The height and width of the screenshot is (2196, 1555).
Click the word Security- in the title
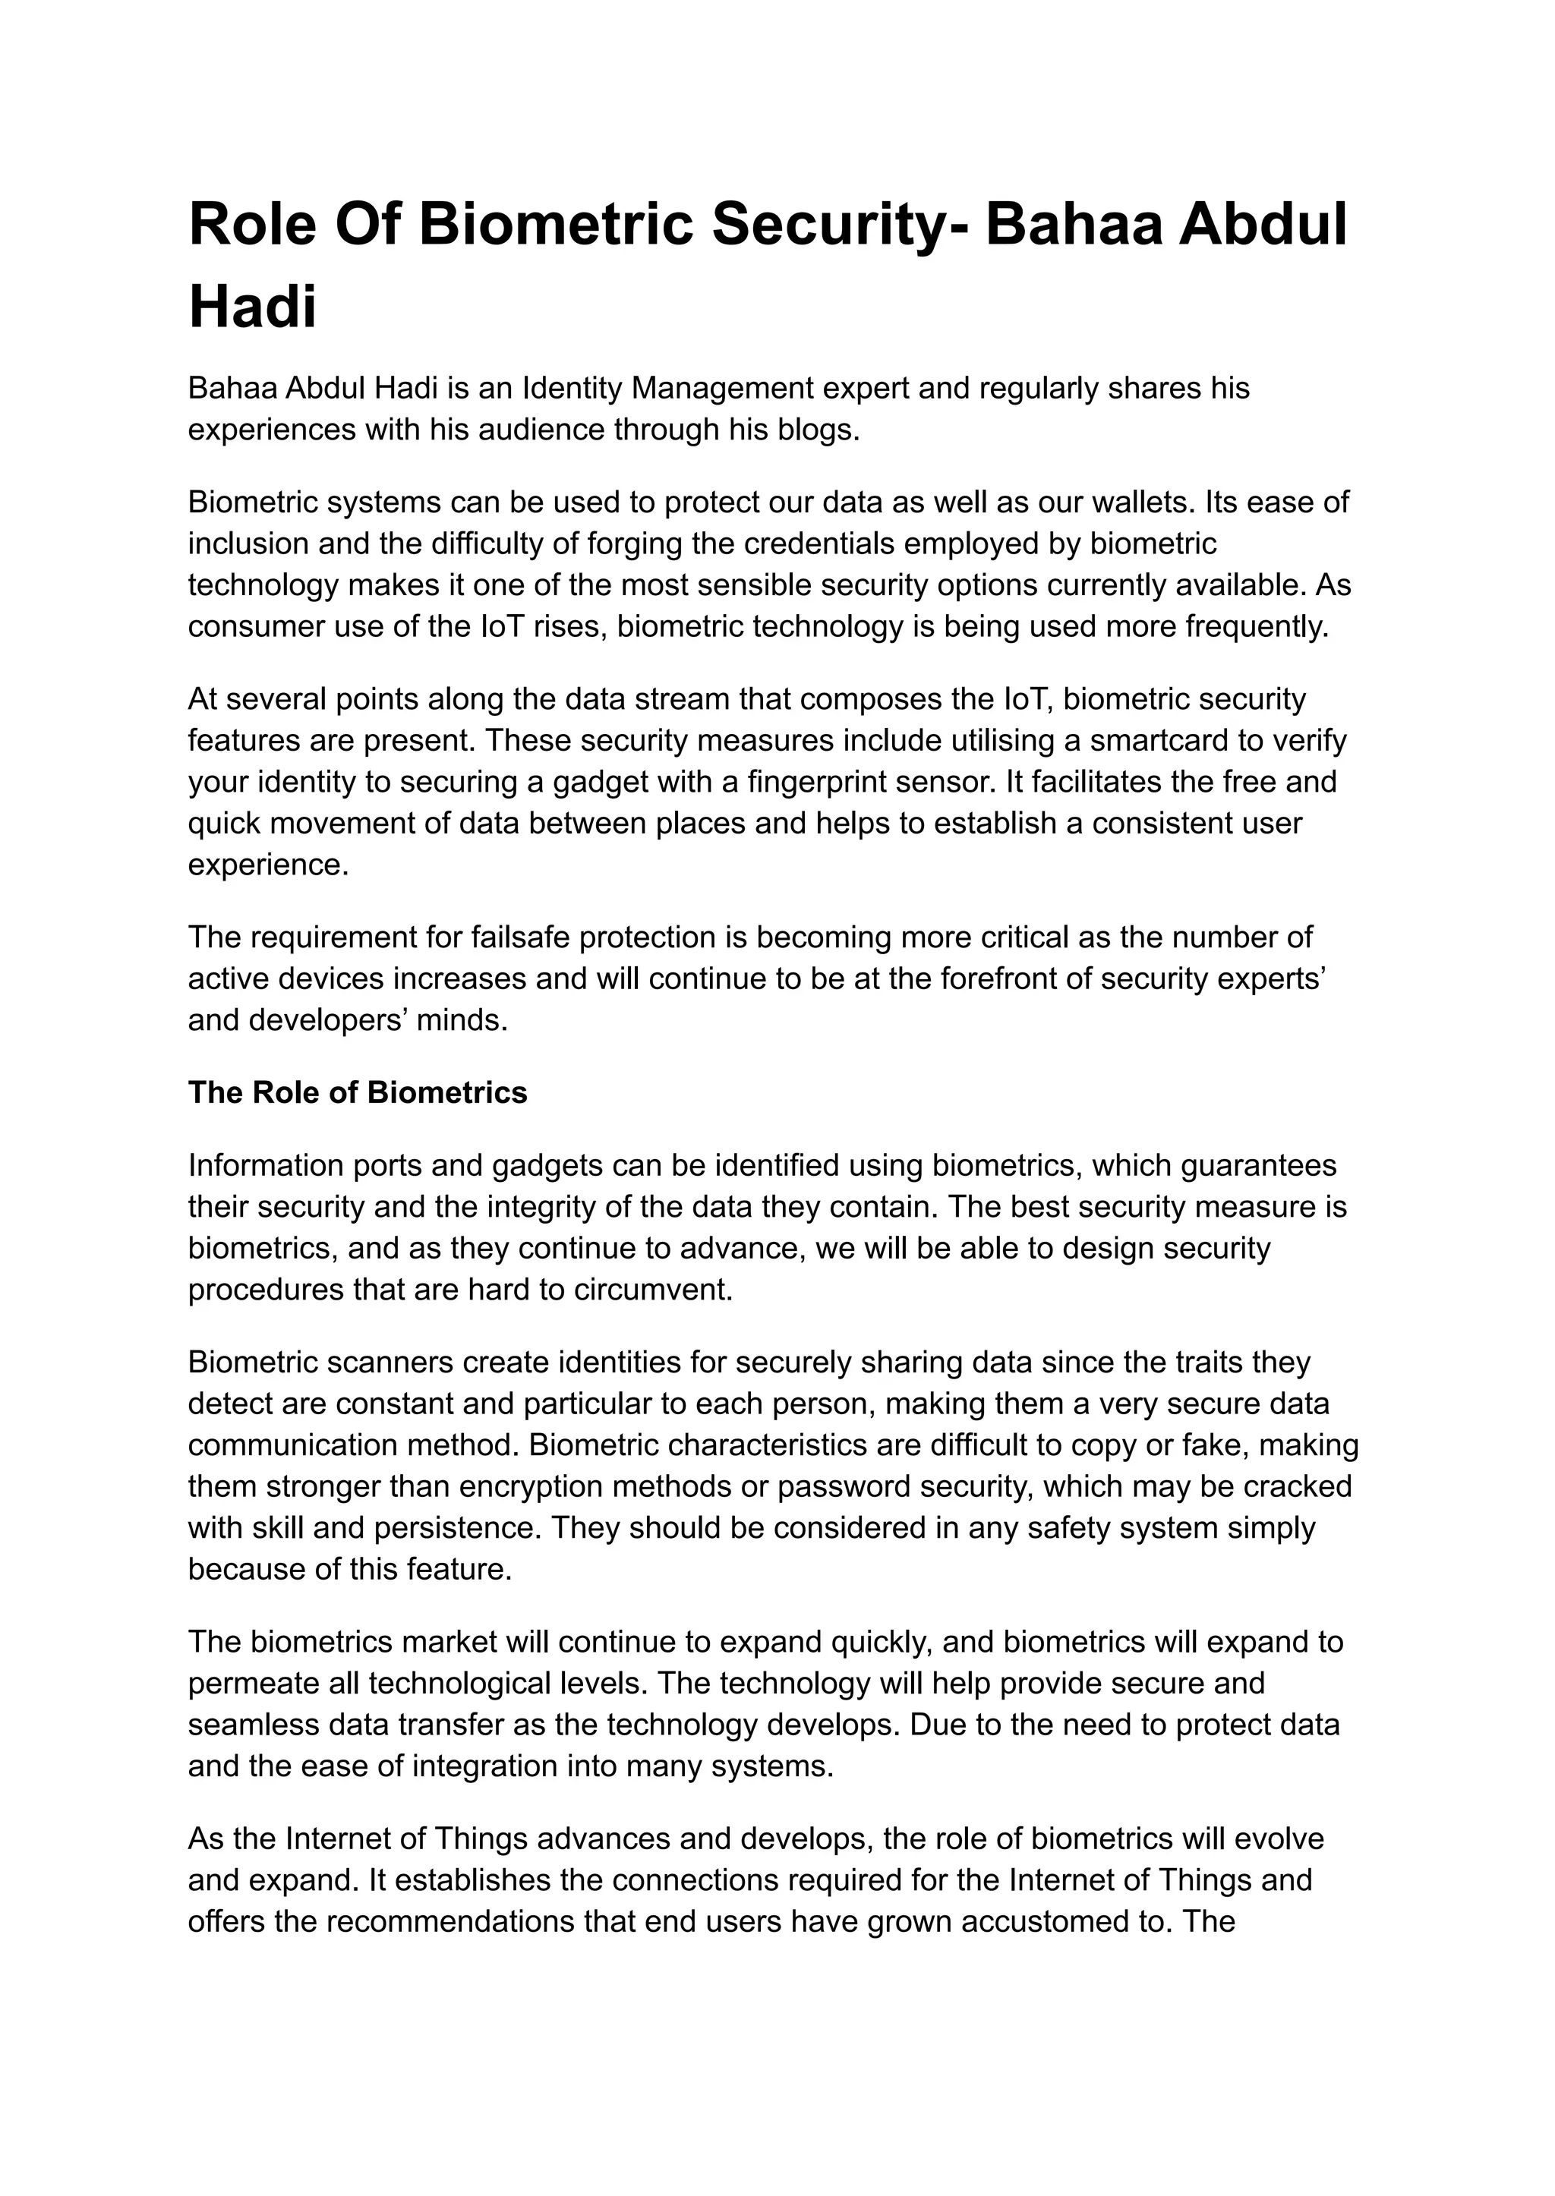840,226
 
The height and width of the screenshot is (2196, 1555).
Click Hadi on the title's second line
253,307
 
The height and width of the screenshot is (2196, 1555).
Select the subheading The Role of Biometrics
357,1092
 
